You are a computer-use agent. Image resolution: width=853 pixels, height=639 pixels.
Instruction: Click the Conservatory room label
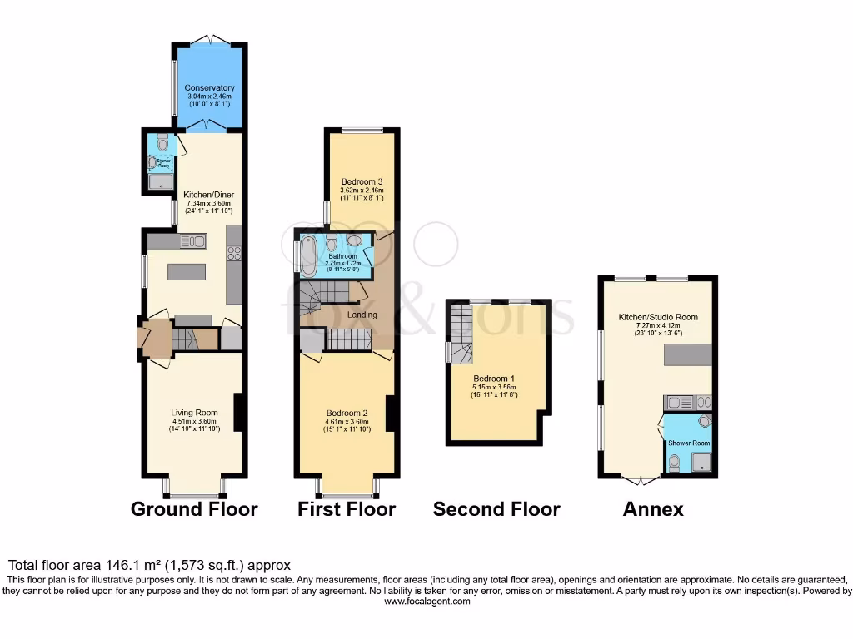tap(209, 87)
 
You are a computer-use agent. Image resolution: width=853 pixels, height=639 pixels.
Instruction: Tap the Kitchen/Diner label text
tap(207, 196)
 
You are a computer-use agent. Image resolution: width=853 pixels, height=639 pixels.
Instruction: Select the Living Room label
tap(194, 413)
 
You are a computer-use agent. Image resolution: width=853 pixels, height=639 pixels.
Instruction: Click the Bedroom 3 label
tap(362, 181)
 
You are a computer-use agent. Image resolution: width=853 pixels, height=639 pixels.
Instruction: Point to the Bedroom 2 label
tap(347, 414)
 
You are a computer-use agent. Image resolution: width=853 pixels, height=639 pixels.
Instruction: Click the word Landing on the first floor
tap(362, 315)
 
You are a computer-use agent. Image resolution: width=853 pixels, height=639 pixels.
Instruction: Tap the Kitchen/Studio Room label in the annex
tap(658, 317)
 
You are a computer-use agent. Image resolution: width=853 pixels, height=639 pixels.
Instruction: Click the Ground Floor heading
tap(194, 508)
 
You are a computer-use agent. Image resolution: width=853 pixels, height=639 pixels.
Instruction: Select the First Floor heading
tap(347, 508)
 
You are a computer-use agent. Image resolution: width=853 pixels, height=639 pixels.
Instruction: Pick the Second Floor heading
tap(496, 508)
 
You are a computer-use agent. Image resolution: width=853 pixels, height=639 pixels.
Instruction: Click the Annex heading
tap(653, 508)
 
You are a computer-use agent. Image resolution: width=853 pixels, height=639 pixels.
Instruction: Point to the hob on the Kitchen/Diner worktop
tap(234, 255)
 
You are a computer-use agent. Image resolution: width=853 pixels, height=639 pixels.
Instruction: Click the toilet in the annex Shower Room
tap(675, 462)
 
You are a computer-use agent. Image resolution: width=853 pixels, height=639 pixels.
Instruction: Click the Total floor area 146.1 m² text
tap(149, 565)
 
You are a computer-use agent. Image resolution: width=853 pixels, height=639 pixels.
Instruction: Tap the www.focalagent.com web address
tap(426, 601)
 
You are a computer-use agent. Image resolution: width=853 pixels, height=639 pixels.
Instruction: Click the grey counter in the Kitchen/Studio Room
tap(689, 354)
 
